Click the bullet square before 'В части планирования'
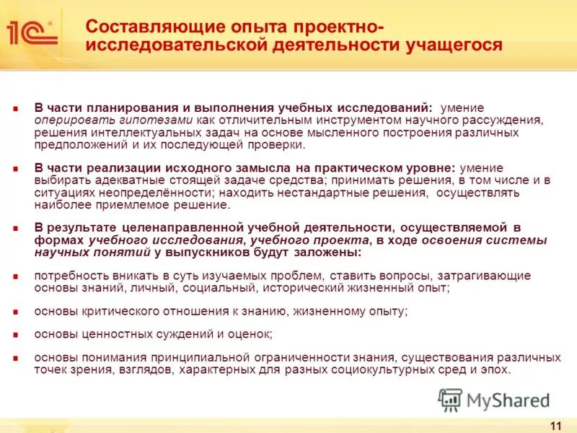pos(15,108)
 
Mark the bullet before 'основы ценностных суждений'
pos(15,334)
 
